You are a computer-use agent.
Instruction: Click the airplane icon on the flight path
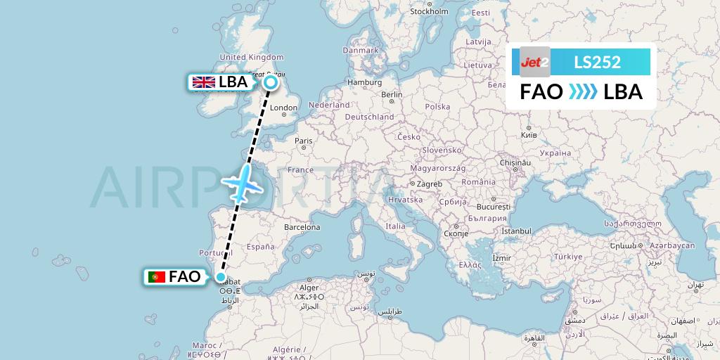coord(243,181)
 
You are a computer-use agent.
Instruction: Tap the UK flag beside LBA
coord(204,82)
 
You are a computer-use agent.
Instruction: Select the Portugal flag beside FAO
coord(156,277)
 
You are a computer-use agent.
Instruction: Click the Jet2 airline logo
coord(534,62)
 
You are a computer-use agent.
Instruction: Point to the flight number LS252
coord(597,62)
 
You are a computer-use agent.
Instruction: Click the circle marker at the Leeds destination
coord(270,83)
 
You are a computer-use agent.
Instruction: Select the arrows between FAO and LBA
coord(583,92)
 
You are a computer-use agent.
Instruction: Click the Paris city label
coord(304,141)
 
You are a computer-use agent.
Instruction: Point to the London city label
coord(284,108)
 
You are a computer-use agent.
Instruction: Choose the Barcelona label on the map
coord(302,227)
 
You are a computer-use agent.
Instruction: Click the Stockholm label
coord(429,11)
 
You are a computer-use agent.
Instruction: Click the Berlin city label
coord(392,94)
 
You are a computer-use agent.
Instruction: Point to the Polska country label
coord(437,107)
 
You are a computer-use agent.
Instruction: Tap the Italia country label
coord(395,226)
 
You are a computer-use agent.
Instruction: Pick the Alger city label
coord(310,288)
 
